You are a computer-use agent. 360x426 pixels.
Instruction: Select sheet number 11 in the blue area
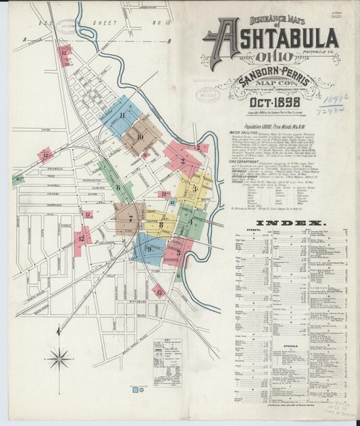click(122, 115)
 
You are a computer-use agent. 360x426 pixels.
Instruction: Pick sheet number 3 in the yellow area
click(194, 188)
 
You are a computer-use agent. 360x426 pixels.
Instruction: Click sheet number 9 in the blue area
click(149, 250)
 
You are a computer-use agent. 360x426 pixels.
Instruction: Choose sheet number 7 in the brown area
click(130, 218)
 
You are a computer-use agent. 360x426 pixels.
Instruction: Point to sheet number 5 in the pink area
click(178, 252)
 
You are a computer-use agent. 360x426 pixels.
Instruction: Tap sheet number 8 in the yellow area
click(161, 225)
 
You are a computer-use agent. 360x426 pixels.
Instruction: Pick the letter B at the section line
click(170, 41)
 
